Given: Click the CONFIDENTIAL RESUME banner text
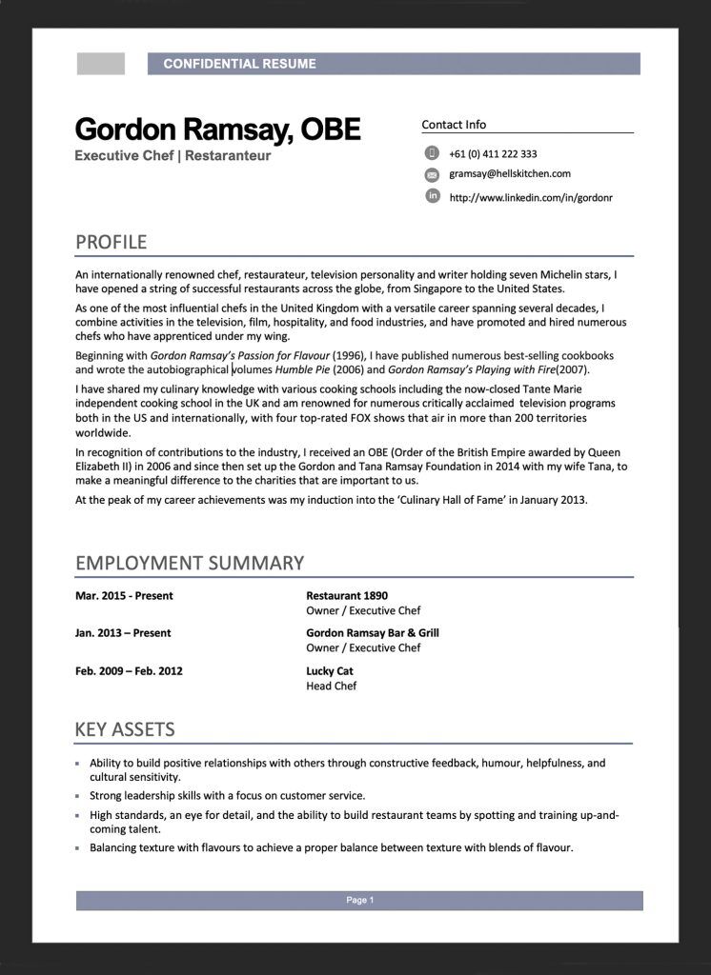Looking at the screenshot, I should [x=239, y=64].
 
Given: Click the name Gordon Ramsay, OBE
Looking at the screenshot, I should [x=217, y=129].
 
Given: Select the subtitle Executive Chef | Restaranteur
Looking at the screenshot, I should [x=173, y=155].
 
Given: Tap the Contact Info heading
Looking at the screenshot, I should [x=454, y=125].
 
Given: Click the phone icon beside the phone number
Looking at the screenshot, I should [x=432, y=153].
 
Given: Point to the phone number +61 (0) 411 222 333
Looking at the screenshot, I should [x=493, y=154].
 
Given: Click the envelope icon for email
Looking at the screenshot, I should [x=432, y=174].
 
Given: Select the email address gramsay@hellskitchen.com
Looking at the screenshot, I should [x=510, y=174].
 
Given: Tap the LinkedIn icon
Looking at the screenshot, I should [x=432, y=196].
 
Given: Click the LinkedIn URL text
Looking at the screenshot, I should [x=530, y=198].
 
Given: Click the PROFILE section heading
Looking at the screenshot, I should [x=111, y=241].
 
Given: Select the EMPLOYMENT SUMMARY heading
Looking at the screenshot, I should [x=190, y=563].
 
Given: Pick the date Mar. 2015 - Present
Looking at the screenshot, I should [x=124, y=596].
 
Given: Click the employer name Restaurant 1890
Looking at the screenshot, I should [x=347, y=596].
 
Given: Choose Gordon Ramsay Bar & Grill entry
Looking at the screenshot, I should [x=373, y=632].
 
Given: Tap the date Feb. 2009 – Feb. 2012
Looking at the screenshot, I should [x=129, y=670].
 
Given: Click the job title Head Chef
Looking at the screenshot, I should [x=331, y=686].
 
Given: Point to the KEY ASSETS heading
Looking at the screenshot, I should [x=125, y=730].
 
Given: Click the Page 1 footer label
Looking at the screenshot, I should [x=359, y=900].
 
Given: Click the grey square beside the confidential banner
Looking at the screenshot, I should [x=101, y=64].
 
